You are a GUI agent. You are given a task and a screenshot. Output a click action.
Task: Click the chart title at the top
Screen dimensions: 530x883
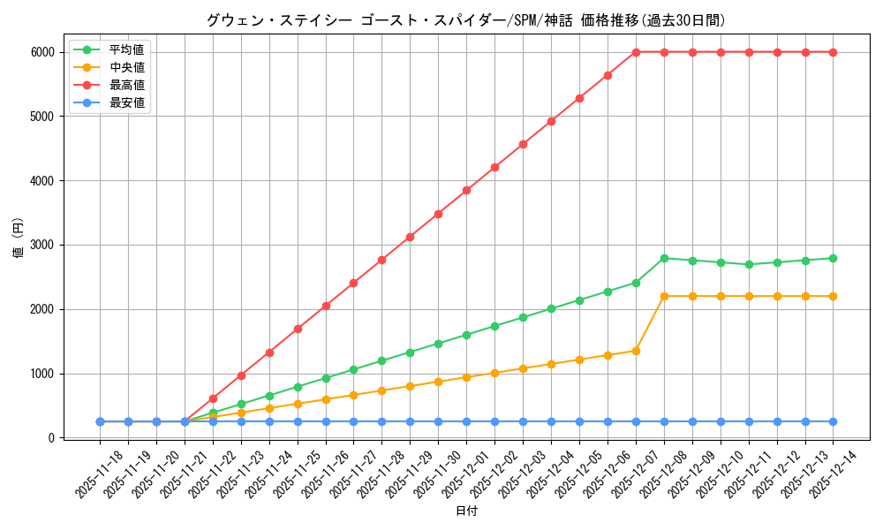[466, 20]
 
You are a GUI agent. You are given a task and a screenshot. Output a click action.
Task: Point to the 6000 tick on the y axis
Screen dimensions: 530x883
[43, 52]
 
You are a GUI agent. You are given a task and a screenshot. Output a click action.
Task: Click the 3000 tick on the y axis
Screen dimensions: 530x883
[43, 245]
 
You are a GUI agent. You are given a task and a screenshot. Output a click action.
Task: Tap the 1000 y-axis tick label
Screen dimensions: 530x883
[43, 374]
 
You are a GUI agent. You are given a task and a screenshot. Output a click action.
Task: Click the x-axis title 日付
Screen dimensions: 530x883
[466, 511]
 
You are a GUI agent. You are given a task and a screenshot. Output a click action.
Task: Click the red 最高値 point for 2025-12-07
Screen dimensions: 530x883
[636, 52]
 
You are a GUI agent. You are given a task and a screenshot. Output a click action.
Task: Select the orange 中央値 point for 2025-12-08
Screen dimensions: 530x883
[664, 296]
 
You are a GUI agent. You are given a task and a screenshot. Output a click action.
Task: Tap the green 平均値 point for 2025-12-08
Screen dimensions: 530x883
[664, 258]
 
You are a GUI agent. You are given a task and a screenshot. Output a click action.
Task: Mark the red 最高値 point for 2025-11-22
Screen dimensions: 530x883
[213, 398]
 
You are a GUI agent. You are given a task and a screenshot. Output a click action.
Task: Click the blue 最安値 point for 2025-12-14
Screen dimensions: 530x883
[834, 421]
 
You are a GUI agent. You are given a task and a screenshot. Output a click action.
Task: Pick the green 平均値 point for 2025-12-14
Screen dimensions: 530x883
[834, 258]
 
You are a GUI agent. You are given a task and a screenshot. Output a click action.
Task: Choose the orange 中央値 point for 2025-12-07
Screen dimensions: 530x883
[636, 351]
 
